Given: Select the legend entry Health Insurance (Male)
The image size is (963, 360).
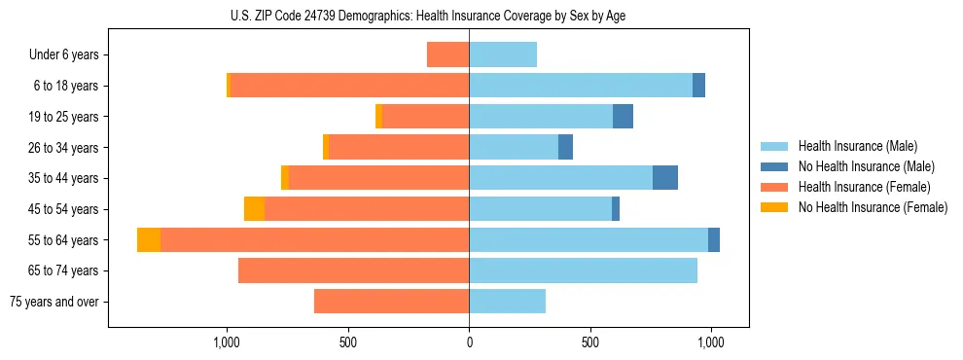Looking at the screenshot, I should tap(857, 146).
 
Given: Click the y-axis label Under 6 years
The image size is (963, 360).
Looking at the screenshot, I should tap(63, 55).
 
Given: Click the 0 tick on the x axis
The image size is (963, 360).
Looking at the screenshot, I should tap(469, 342).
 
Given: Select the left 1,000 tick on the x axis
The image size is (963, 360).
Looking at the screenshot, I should tap(227, 342).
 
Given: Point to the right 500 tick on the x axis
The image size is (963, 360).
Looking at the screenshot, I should tap(589, 342).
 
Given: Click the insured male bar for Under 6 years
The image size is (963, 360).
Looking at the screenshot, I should tap(503, 54).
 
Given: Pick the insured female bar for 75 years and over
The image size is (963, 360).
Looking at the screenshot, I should tap(391, 302).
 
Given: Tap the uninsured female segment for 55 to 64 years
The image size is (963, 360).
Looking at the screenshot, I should tap(149, 240).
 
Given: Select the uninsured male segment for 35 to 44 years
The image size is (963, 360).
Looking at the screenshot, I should tap(665, 178).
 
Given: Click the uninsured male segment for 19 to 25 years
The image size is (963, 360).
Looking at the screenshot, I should tap(623, 117).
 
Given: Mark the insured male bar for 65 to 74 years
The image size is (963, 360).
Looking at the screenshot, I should tap(583, 270).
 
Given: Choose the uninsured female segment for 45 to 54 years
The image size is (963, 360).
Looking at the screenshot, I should tap(254, 209).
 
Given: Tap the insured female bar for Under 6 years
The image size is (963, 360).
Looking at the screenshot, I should tap(447, 54).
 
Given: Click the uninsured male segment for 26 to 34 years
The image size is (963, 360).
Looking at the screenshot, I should tap(565, 147).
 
